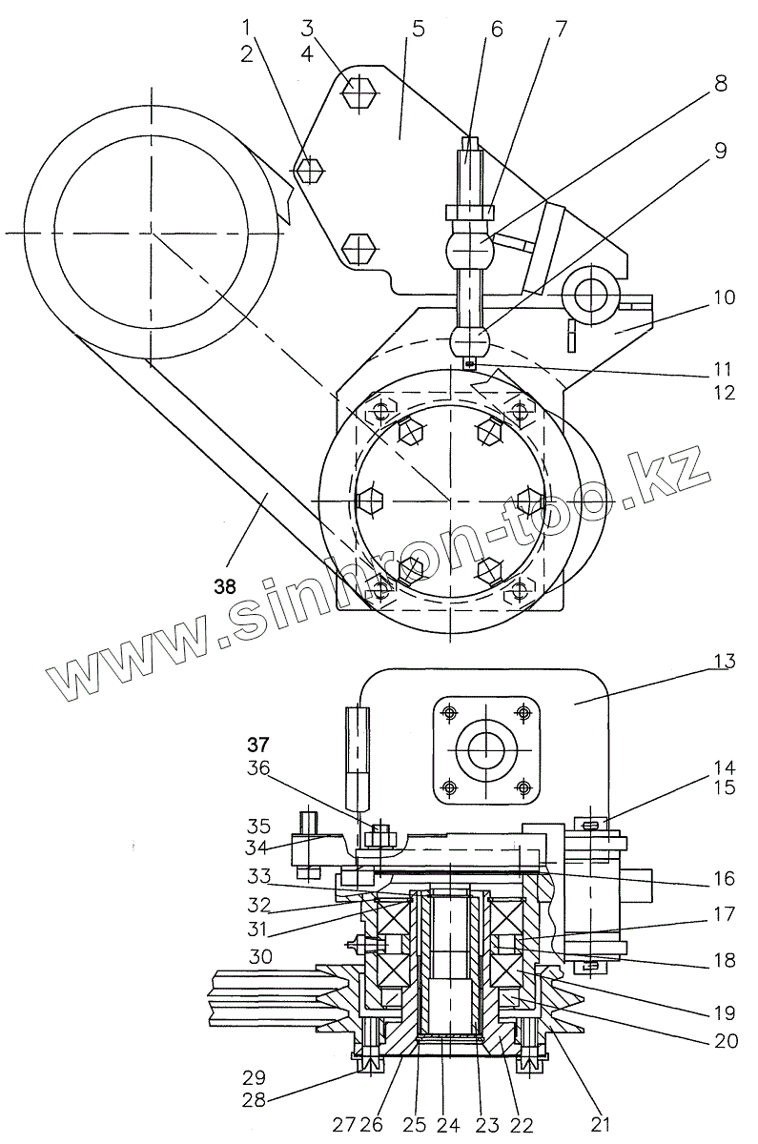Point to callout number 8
coord(720,84)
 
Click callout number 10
coord(724,297)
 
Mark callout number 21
coord(600,1123)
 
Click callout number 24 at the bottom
coord(444,1123)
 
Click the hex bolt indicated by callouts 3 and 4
coord(359,92)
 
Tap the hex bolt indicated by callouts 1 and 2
coord(308,171)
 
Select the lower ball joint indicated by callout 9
coord(469,339)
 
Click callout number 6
coord(496,30)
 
